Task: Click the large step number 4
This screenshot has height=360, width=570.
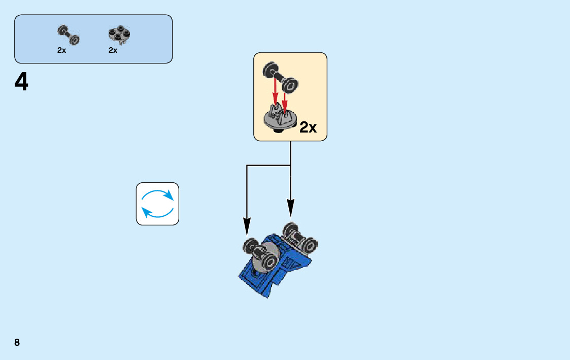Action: click(x=21, y=83)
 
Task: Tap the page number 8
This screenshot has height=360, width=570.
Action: click(x=17, y=342)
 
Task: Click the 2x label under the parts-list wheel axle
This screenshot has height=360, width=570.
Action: click(x=61, y=50)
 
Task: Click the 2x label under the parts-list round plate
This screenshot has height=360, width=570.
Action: click(x=113, y=50)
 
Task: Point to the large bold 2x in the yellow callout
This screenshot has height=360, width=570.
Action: click(x=308, y=127)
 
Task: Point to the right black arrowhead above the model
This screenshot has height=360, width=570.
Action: click(x=290, y=208)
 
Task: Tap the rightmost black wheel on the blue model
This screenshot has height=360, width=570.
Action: click(x=310, y=246)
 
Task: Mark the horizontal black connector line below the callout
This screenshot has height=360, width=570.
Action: click(x=268, y=166)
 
